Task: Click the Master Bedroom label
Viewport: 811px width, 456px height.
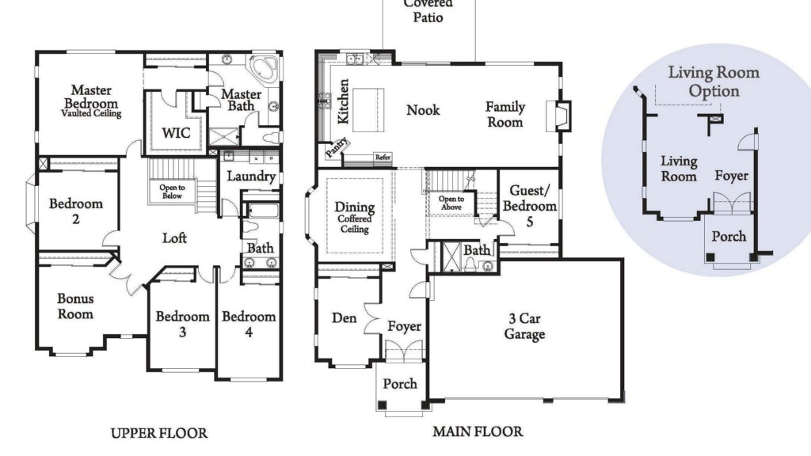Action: [x=92, y=101]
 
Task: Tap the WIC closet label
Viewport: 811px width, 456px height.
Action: [x=176, y=133]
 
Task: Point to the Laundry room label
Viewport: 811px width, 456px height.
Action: [x=251, y=177]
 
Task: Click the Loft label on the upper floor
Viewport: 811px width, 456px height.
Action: [x=174, y=237]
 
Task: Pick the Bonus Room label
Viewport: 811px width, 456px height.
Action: [x=75, y=306]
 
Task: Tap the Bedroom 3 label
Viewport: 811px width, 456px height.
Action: [x=183, y=324]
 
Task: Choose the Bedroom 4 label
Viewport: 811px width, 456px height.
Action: [x=249, y=324]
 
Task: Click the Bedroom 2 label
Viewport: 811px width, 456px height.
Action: [x=76, y=211]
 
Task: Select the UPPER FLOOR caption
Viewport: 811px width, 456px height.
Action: [x=159, y=433]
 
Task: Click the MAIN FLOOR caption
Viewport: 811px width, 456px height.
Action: [x=478, y=431]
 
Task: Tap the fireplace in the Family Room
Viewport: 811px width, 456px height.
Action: [x=559, y=116]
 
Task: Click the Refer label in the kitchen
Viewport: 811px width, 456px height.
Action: [x=383, y=158]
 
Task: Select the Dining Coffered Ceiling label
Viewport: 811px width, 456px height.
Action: [x=354, y=217]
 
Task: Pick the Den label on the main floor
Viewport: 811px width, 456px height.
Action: [x=344, y=317]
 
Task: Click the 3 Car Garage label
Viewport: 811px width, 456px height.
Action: [x=524, y=326]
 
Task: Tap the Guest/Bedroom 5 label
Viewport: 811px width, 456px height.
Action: [x=530, y=206]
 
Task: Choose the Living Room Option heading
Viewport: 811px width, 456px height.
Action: [x=714, y=82]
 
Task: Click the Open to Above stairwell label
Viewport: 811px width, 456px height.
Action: [x=451, y=203]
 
